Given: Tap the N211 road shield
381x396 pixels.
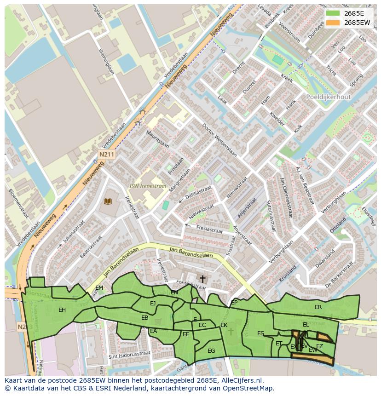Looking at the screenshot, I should click(106, 155).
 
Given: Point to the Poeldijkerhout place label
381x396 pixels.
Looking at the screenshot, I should click(328, 97).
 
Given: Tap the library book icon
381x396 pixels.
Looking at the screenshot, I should click(108, 201).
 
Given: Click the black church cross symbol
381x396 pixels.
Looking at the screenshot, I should click(202, 279).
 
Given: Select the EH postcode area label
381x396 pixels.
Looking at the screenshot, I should click(62, 310).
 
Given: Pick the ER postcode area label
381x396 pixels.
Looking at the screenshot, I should click(318, 307).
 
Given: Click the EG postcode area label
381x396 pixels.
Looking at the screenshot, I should click(211, 350).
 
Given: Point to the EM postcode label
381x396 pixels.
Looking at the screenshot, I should click(99, 288).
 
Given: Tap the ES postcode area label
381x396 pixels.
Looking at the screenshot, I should click(261, 333).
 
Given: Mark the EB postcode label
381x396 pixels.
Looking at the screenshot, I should click(144, 318).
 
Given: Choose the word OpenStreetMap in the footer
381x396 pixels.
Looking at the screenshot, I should click(249, 388).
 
